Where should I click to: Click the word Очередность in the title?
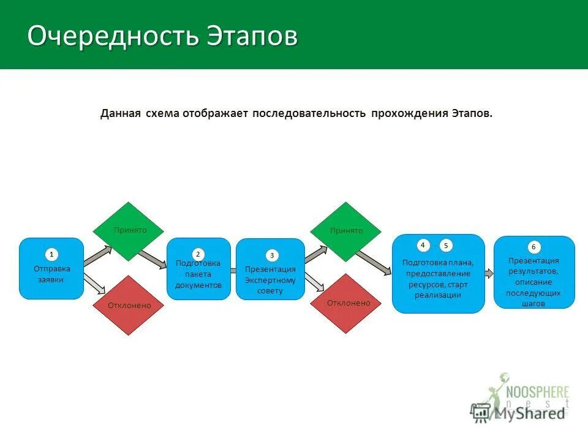tap(113, 36)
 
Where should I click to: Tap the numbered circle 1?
tap(52, 254)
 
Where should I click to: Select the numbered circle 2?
tap(198, 253)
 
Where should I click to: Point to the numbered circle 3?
tap(272, 255)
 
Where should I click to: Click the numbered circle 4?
tap(423, 245)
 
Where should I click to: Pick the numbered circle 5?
tap(446, 246)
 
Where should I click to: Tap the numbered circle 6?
tap(534, 247)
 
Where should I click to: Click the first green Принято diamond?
tap(128, 231)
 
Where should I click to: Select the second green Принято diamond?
tap(346, 231)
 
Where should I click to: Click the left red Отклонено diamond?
tap(129, 305)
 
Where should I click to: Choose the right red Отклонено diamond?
tap(347, 303)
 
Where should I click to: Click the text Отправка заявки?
tap(52, 274)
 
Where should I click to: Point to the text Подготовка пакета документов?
tap(198, 274)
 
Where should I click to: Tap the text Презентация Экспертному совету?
tap(270, 280)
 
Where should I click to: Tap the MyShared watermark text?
tap(529, 413)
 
